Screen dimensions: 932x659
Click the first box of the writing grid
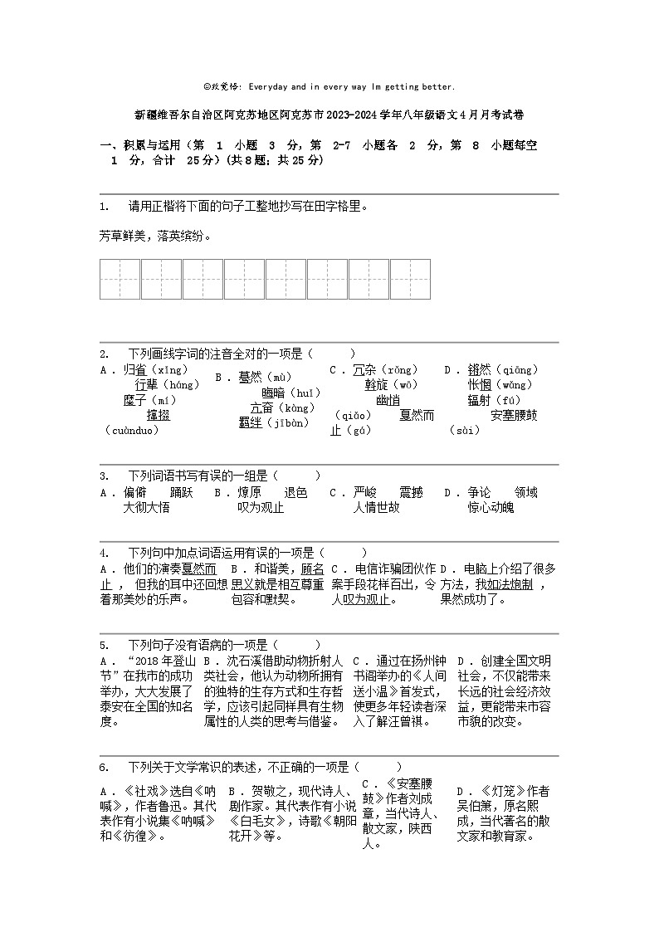pyautogui.click(x=120, y=279)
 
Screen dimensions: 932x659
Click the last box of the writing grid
pyautogui.click(x=410, y=279)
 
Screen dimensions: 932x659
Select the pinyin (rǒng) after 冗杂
pyautogui.click(x=401, y=370)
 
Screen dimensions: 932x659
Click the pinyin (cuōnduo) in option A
pyautogui.click(x=132, y=430)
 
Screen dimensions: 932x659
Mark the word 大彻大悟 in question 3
pyautogui.click(x=146, y=508)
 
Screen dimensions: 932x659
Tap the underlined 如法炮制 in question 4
pyautogui.click(x=510, y=584)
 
